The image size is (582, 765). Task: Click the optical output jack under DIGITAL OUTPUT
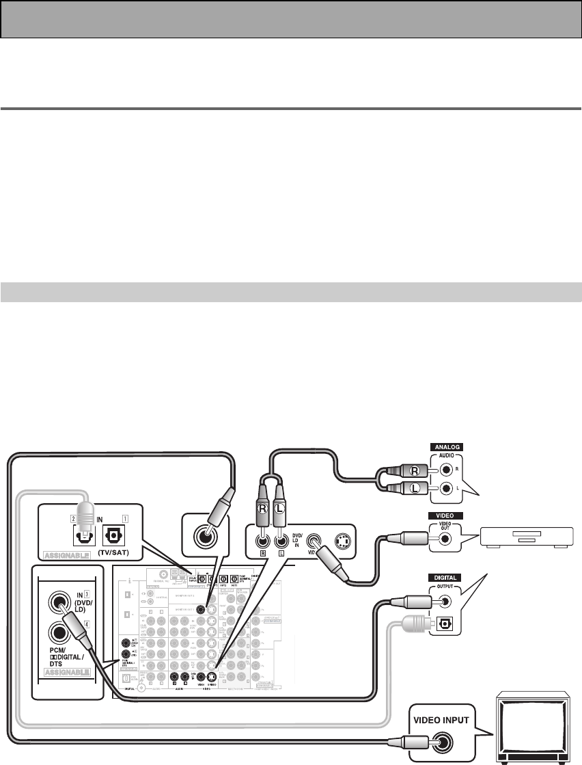pos(445,623)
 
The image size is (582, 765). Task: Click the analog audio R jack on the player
pos(445,470)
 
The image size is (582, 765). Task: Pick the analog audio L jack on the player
pos(445,489)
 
